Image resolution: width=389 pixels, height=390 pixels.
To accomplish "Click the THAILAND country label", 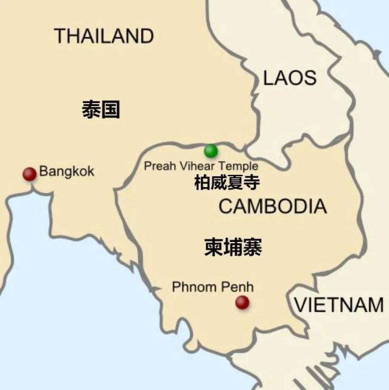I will [104, 36].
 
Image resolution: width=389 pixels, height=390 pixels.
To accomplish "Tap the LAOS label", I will [290, 77].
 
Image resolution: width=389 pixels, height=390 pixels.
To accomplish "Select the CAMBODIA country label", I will [272, 207].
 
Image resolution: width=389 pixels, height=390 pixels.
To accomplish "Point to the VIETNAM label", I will [339, 305].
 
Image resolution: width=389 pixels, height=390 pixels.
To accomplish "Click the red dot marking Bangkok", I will [29, 174].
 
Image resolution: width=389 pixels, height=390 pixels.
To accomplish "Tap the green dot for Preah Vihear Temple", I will [211, 150].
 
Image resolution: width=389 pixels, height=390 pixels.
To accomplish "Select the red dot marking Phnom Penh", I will [242, 303].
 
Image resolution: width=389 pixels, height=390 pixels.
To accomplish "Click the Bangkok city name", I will [66, 172].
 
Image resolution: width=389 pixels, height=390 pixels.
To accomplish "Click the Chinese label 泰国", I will [101, 110].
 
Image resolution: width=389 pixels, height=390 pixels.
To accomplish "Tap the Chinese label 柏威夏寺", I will [227, 183].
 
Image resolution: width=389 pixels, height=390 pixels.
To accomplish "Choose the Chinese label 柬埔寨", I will [233, 247].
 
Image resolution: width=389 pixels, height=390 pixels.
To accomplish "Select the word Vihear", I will [196, 166].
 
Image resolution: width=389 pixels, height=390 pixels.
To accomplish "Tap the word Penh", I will [237, 287].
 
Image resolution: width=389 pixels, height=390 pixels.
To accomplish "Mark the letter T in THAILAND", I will [60, 36].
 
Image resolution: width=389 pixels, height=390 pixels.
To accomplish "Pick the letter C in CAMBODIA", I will [226, 207].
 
